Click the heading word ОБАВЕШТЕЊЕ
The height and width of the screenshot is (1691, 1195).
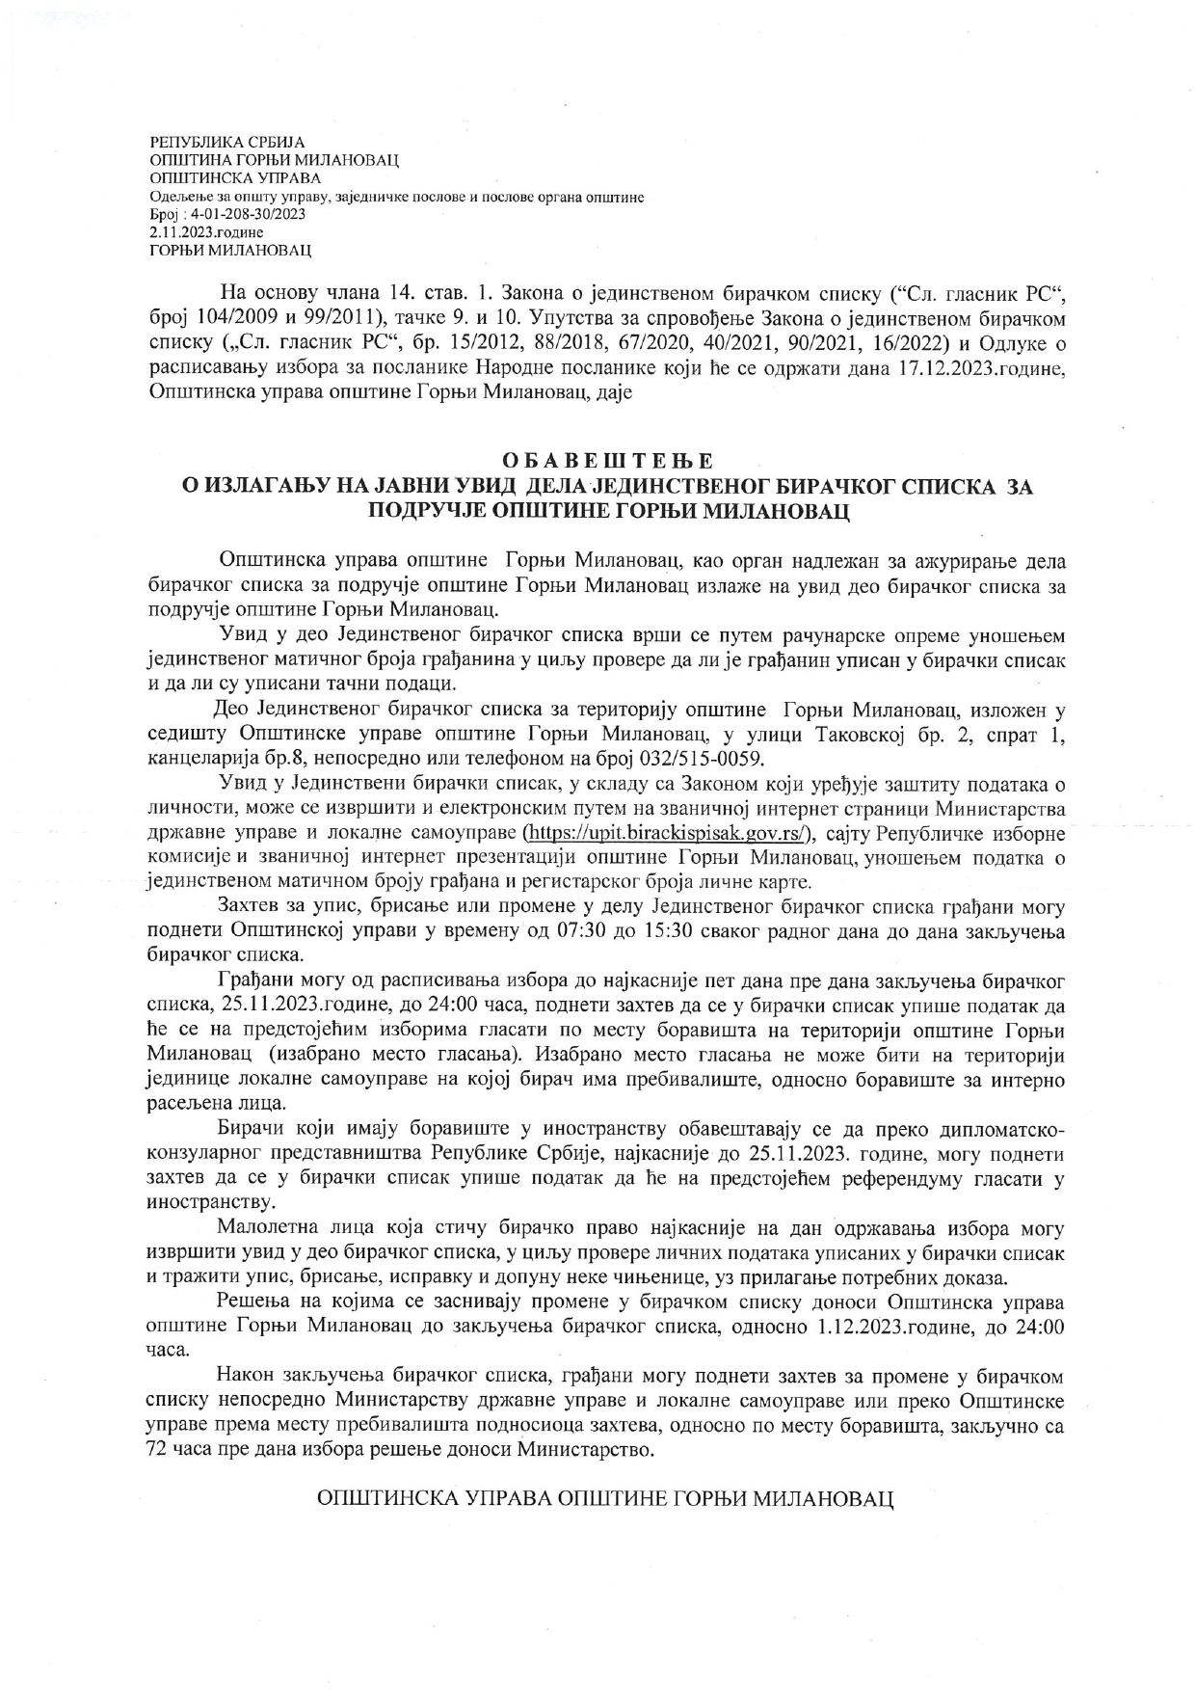click(608, 461)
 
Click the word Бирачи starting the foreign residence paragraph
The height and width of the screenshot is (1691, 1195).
click(251, 1129)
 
